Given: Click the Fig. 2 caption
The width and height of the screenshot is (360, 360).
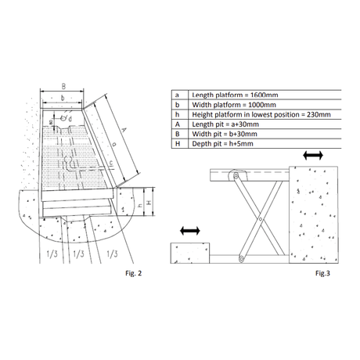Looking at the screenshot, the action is (x=133, y=273).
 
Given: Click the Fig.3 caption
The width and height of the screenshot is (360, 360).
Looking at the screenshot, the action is (x=322, y=273).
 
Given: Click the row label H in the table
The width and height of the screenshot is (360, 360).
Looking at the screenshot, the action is (x=178, y=144).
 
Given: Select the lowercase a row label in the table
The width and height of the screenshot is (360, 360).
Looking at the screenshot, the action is (x=177, y=95).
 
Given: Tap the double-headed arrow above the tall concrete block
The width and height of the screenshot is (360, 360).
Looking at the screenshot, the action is (x=313, y=156).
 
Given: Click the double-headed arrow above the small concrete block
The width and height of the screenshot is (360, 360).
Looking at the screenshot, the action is (x=190, y=231).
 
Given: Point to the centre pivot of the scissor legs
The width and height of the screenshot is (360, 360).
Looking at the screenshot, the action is (x=260, y=219).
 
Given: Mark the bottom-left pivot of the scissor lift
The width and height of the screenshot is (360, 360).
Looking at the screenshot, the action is (x=241, y=259).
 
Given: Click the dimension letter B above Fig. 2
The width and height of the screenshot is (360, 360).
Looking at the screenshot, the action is (x=63, y=86).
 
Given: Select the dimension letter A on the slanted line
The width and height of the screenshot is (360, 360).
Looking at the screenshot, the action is (x=124, y=130).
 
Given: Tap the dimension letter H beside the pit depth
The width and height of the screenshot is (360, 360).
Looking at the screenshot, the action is (x=149, y=203).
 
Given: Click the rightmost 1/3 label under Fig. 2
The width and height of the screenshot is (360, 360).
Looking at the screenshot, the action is (x=112, y=254).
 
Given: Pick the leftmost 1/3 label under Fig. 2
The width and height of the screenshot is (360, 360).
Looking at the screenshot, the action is (x=52, y=254).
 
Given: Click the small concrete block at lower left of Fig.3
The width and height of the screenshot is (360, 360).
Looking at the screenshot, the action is (x=190, y=253).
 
